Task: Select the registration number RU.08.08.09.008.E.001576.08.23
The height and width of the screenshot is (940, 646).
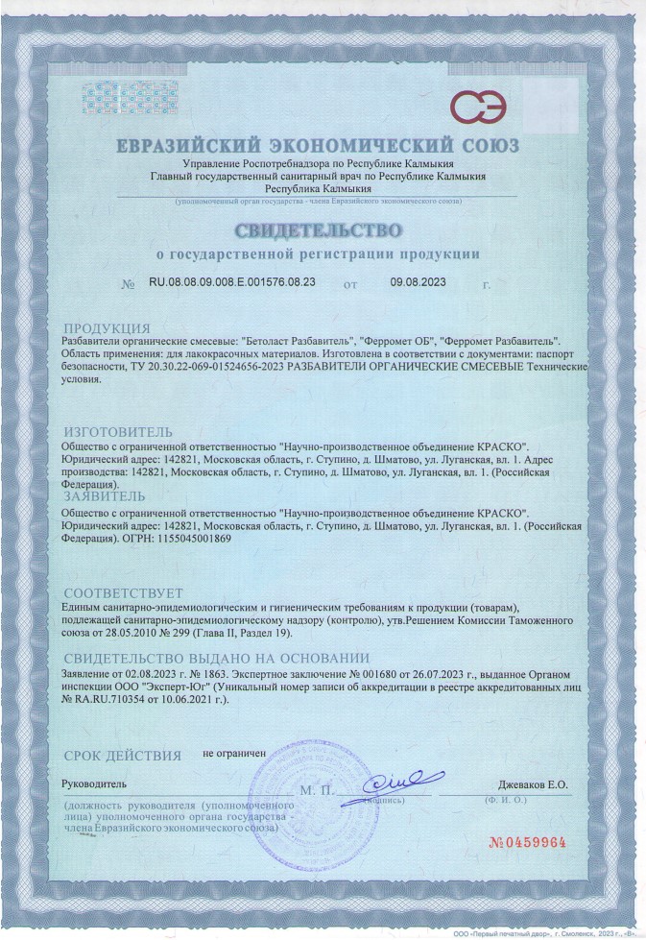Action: [231, 284]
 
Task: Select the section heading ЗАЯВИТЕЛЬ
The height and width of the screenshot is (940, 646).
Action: [105, 497]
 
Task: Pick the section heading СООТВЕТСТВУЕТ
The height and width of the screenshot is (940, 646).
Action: [122, 593]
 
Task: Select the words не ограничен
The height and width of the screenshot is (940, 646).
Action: [233, 754]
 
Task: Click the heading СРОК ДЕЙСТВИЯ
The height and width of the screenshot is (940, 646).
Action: [122, 756]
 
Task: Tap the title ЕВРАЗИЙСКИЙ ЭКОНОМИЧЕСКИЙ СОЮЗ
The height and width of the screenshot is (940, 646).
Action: [318, 146]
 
